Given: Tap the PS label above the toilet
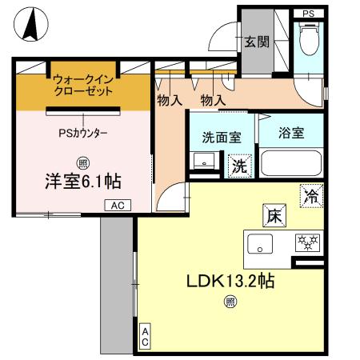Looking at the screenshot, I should (x=309, y=13).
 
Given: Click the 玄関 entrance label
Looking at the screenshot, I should (x=256, y=42).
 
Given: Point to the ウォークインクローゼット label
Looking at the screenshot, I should (x=84, y=86).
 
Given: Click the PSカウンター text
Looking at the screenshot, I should (x=83, y=133).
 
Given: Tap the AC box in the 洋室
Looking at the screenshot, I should (x=116, y=206).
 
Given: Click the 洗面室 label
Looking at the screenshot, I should (x=221, y=137).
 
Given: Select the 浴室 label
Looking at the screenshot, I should (x=291, y=133).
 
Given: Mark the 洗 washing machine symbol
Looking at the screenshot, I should (x=238, y=166).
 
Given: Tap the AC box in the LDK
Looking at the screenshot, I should (x=146, y=337).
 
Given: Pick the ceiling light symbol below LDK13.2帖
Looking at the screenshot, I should (x=230, y=302).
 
